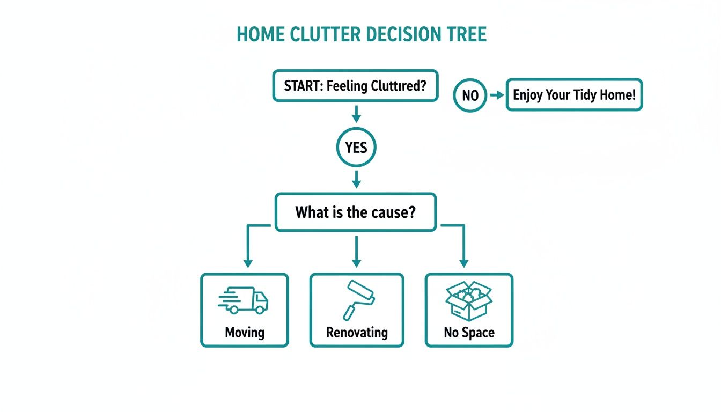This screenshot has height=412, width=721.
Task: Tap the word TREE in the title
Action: (466, 34)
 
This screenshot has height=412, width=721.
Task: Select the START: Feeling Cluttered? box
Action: (355, 85)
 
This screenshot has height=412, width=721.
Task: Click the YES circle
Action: (356, 148)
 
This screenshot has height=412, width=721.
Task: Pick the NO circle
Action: (470, 95)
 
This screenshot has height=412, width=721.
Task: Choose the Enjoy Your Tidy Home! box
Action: (574, 95)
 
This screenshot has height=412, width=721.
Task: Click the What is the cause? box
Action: (355, 212)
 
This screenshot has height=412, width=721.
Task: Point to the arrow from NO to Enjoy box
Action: (497, 95)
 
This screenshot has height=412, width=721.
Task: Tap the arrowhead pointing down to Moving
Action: (247, 263)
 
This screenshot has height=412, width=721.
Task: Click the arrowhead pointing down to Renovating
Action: (356, 262)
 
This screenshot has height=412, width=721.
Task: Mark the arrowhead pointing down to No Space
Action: (464, 263)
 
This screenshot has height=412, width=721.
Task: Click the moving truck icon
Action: (244, 300)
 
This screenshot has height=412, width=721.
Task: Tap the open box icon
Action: (469, 300)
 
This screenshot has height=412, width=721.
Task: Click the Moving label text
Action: (245, 332)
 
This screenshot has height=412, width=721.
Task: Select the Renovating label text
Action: (357, 332)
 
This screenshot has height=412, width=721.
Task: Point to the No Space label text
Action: (469, 332)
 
